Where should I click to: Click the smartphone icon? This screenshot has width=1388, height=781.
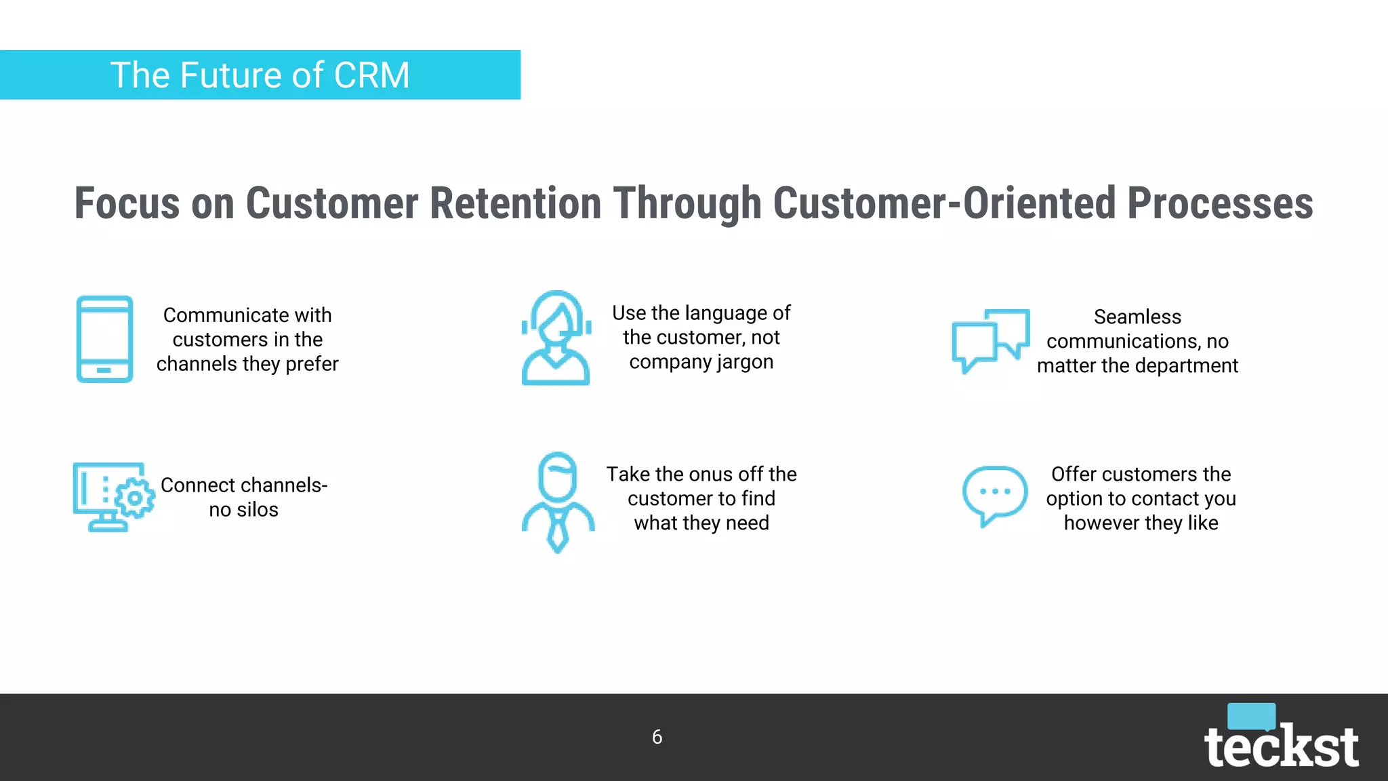click(104, 339)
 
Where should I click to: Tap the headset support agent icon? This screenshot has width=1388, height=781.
click(556, 338)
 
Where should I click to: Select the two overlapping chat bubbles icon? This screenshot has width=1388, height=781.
click(990, 340)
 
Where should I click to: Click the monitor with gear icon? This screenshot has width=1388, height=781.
click(113, 497)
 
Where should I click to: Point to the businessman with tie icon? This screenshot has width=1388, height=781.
click(558, 502)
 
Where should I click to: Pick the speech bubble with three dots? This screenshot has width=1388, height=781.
click(994, 495)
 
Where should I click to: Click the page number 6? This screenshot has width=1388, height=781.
click(657, 737)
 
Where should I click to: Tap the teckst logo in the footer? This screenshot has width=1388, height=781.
click(1281, 739)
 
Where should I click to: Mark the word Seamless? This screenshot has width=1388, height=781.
click(1137, 317)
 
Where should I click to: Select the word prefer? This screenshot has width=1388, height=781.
click(312, 364)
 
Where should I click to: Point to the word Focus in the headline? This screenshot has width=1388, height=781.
click(127, 203)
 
